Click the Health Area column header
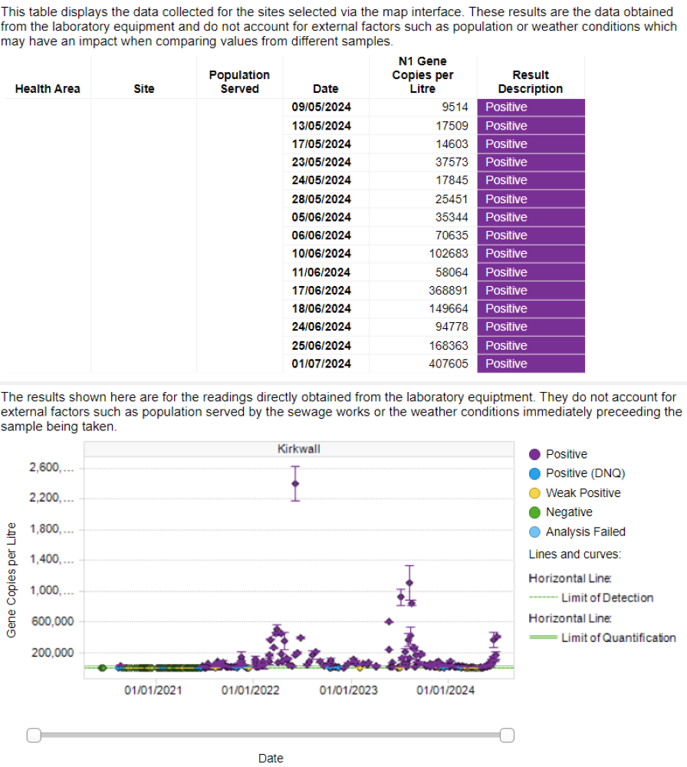[x=48, y=89]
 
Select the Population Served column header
[x=239, y=82]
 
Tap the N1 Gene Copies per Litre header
[x=422, y=75]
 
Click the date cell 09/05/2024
[x=321, y=107]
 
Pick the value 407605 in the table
[x=448, y=364]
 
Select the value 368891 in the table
[x=448, y=291]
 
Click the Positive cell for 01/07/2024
[x=530, y=364]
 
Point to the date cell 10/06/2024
[x=321, y=254]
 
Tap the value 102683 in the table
[x=448, y=254]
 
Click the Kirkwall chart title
[x=298, y=449]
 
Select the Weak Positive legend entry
[x=583, y=493]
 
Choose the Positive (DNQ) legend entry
[x=583, y=473]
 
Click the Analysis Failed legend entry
[x=585, y=532]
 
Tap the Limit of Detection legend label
[x=607, y=597]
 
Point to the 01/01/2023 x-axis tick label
[x=348, y=690]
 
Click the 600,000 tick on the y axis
[x=51, y=622]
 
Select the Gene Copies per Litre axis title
[x=11, y=579]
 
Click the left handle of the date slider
[x=34, y=736]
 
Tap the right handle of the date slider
[x=506, y=736]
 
